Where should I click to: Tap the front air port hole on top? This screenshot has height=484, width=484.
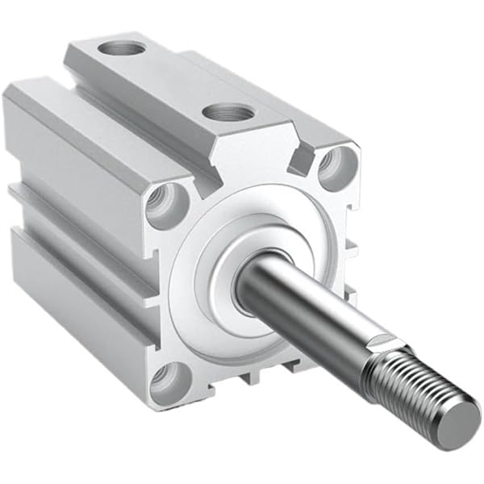pos(225,112)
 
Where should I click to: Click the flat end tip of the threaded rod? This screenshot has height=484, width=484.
pos(462,419)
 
